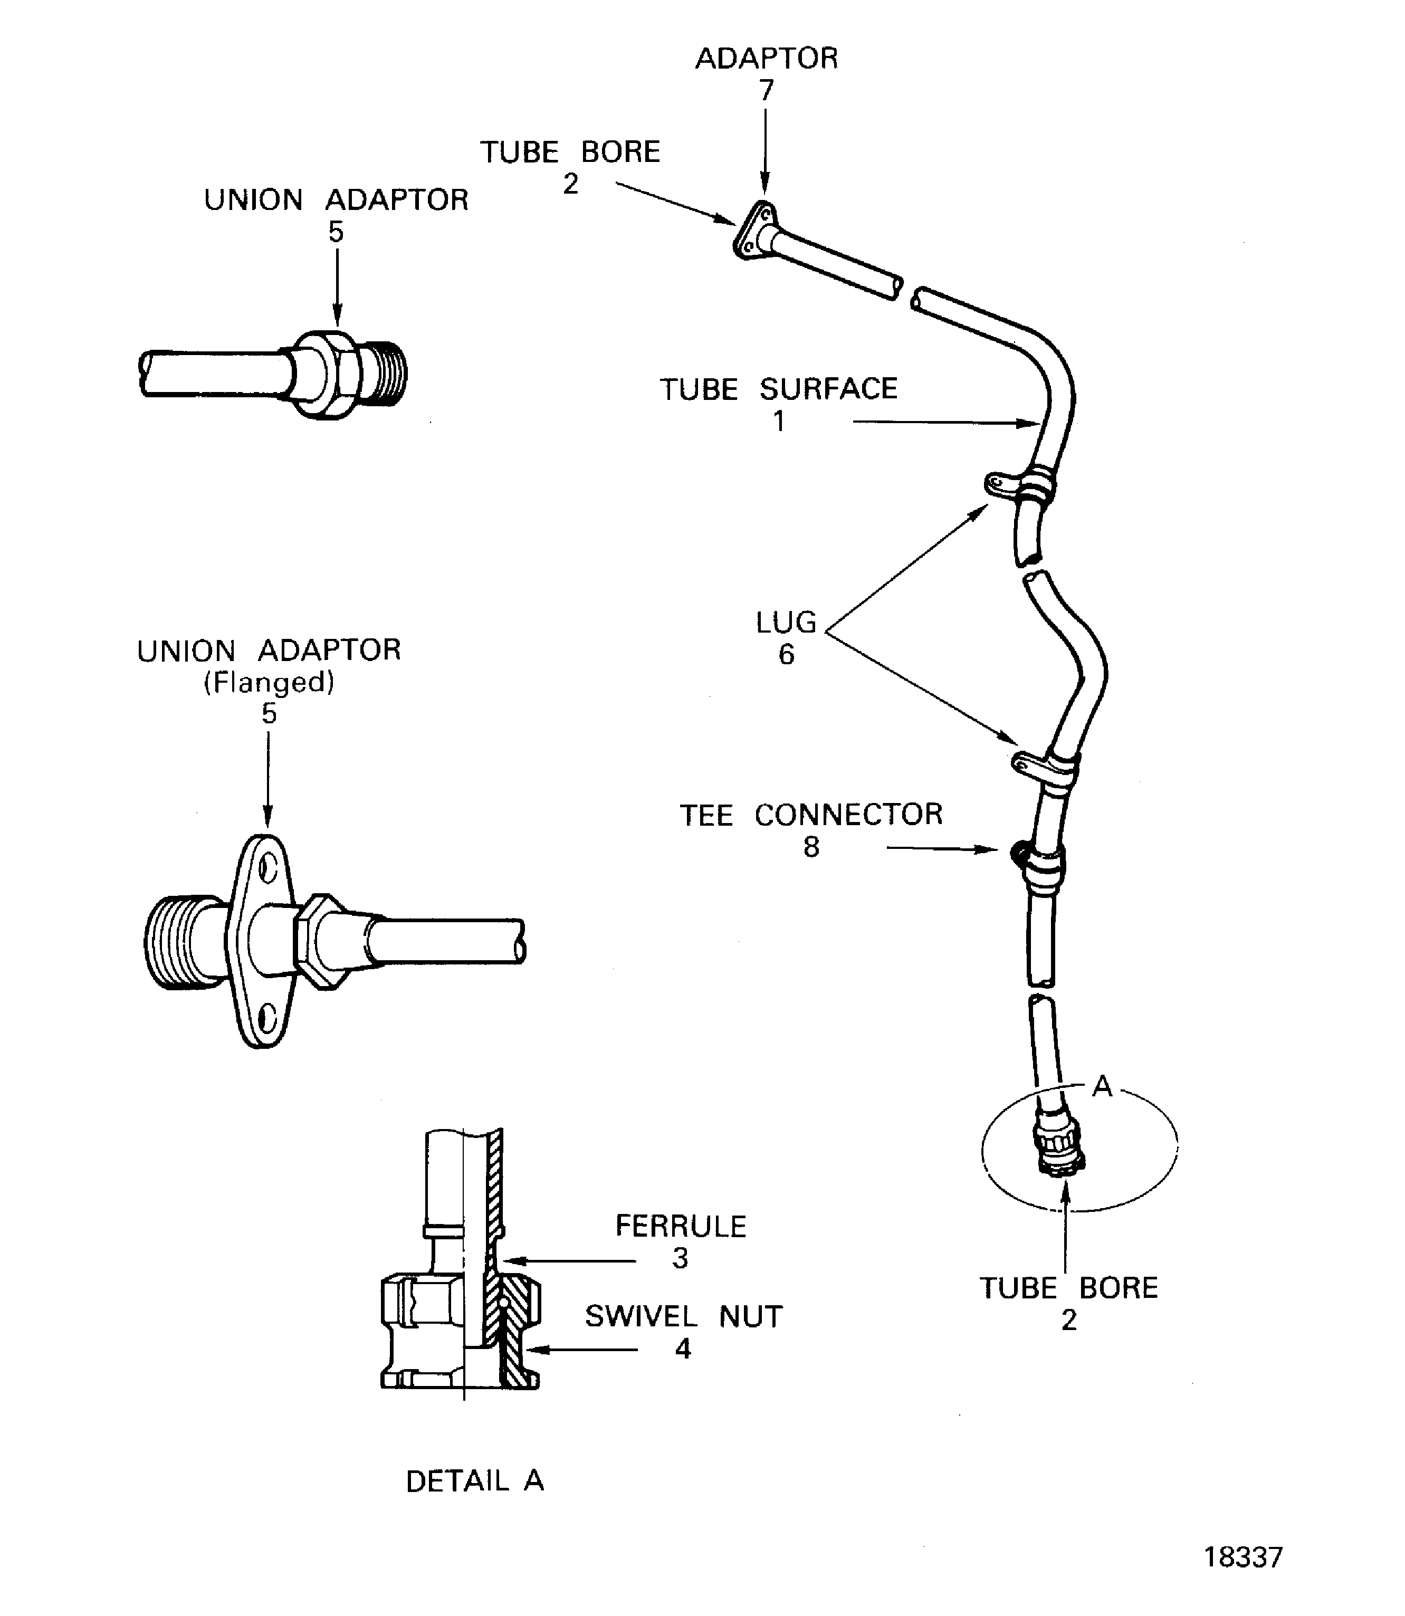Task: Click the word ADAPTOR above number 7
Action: tap(766, 58)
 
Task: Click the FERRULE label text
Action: tap(681, 1226)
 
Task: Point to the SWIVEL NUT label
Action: tap(684, 1316)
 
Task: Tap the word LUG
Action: tap(786, 623)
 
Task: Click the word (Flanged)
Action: tap(269, 682)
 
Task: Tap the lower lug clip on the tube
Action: tap(1029, 764)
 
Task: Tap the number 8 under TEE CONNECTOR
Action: tap(811, 847)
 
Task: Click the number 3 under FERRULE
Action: tap(680, 1258)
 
